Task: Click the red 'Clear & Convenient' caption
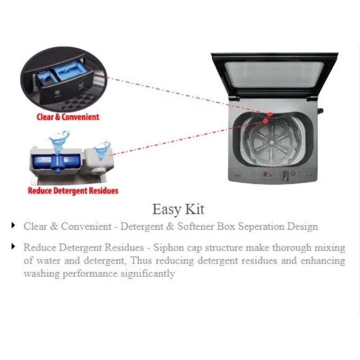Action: pos(68,117)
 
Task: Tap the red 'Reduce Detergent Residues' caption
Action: pos(73,190)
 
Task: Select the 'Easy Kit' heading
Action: pos(178,209)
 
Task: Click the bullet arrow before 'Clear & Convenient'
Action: pos(13,225)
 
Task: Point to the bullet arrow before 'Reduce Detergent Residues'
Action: pos(13,246)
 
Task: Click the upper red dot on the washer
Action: pos(270,115)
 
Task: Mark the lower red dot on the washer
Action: pos(266,121)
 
